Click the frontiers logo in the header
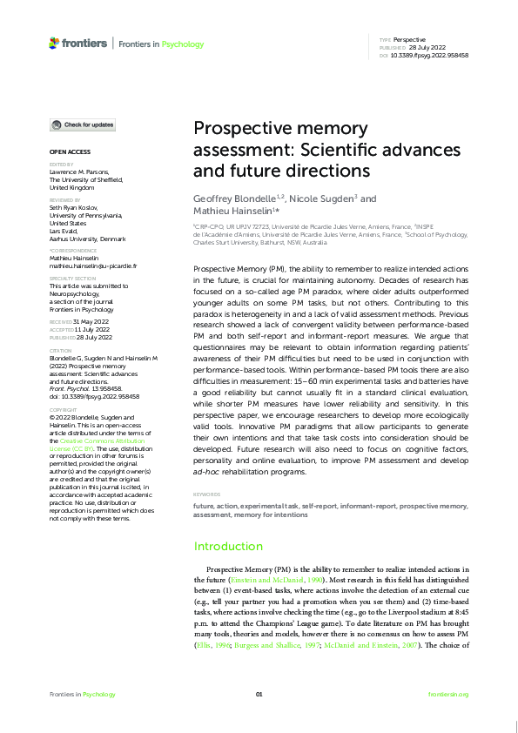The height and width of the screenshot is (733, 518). [x=78, y=43]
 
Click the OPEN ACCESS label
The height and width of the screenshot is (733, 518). [x=69, y=151]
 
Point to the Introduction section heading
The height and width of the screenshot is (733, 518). [x=227, y=547]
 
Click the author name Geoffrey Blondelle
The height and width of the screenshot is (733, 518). [x=232, y=199]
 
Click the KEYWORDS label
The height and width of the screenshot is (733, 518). [x=207, y=494]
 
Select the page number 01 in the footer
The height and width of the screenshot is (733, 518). [x=259, y=694]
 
